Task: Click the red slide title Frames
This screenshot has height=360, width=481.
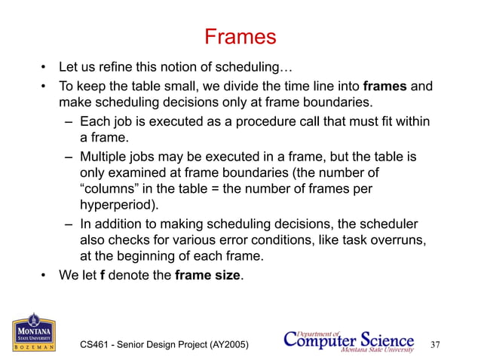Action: pos(240,36)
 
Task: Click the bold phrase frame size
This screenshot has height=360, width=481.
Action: pos(208,275)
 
